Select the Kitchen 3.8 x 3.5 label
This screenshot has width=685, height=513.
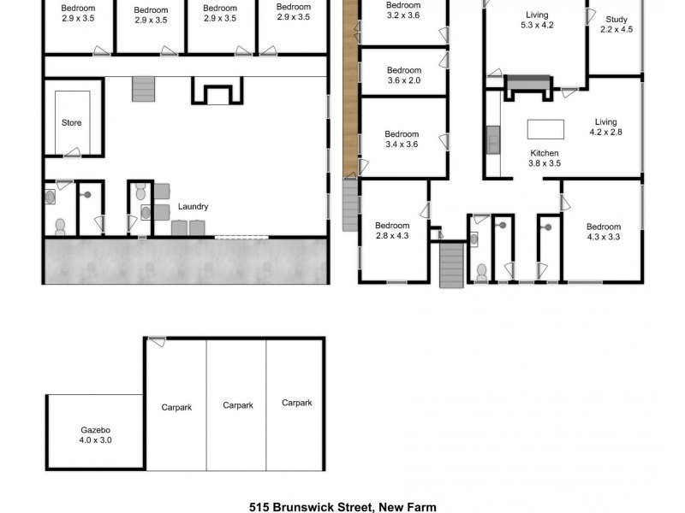pyautogui.click(x=544, y=158)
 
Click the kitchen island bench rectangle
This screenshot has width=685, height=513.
pyautogui.click(x=545, y=128)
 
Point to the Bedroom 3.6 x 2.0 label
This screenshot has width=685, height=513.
pyautogui.click(x=403, y=75)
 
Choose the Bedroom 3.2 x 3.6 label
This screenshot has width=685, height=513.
pyautogui.click(x=403, y=10)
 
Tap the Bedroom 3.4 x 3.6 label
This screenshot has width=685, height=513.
pyautogui.click(x=401, y=139)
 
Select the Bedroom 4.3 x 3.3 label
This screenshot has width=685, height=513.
pyautogui.click(x=603, y=232)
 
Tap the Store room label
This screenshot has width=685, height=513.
pyautogui.click(x=72, y=123)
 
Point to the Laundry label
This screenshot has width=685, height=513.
pyautogui.click(x=193, y=207)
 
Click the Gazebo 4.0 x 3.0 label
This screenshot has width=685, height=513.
pyautogui.click(x=96, y=435)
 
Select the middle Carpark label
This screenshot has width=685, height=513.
pyautogui.click(x=237, y=405)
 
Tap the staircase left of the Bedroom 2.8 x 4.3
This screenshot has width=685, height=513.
pyautogui.click(x=350, y=205)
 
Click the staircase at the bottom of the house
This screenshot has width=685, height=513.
pyautogui.click(x=450, y=265)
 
